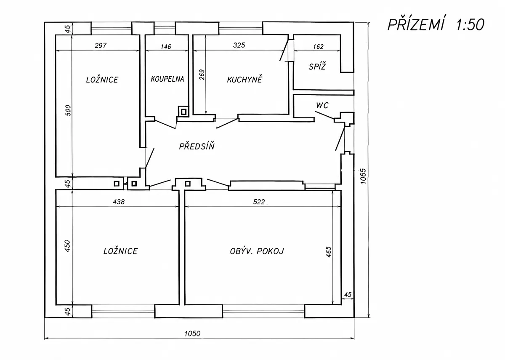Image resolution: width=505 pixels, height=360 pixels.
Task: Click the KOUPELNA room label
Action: pos(167,79)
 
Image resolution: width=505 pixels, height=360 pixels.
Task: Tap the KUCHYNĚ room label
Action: pos(245,79)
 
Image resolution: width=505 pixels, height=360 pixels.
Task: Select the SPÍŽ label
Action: pos(317,67)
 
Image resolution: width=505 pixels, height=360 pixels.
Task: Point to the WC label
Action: pos(322,105)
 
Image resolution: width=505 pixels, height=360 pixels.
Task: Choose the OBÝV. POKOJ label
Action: pos(257,251)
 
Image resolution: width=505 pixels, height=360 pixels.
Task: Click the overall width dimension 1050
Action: pos(192,333)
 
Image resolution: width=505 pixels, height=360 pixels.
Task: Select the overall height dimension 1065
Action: pos(363,176)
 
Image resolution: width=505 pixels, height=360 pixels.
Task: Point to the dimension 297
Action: pos(101,45)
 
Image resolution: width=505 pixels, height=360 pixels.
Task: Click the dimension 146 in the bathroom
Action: pos(166,47)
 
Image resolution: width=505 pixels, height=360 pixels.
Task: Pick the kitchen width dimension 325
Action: pos(239,45)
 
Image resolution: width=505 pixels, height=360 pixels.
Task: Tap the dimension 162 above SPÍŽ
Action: pos(318,47)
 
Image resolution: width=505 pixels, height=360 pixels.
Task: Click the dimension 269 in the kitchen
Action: pos(202,75)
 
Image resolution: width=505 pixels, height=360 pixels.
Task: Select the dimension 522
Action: pos(259,201)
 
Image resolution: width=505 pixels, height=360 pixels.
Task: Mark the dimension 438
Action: pos(119,201)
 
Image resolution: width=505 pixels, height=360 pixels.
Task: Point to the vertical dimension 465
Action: pos(329,252)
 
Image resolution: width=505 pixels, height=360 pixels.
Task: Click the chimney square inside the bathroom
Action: pos(184,112)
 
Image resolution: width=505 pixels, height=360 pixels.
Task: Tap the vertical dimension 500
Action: pos(68,110)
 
